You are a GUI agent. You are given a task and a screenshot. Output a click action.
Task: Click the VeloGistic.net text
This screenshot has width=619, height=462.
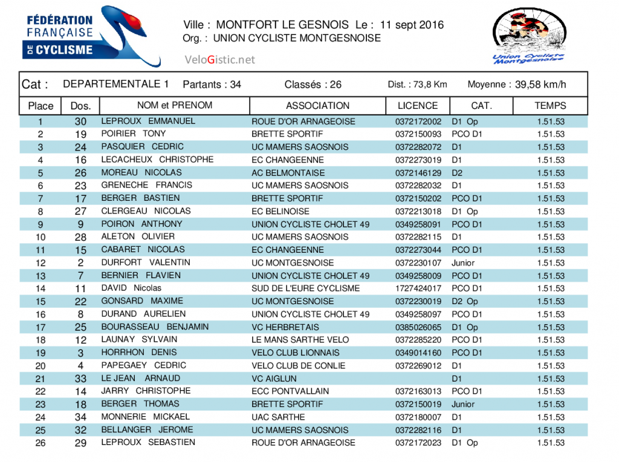[220, 59]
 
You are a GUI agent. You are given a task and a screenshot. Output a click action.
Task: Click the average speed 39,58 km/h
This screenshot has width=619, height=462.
[540, 85]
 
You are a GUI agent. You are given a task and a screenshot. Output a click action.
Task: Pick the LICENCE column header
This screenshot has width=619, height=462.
[418, 106]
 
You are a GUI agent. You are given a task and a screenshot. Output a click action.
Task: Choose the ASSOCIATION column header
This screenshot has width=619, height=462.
[317, 106]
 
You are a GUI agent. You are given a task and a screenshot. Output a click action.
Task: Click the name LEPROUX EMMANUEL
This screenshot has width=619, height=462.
[148, 121]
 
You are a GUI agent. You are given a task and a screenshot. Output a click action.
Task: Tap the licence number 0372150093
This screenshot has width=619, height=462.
[418, 134]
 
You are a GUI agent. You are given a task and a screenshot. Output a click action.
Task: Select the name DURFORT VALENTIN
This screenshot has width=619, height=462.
[146, 262]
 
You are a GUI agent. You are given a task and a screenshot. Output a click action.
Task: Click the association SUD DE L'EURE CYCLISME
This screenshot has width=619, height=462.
[305, 288]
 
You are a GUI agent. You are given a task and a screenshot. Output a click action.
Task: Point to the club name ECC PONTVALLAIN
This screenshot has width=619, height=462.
[290, 391]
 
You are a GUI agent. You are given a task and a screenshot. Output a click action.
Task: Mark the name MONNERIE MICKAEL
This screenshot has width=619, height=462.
[145, 417]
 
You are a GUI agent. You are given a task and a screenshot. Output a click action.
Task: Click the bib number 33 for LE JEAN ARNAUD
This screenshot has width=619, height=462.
[80, 379]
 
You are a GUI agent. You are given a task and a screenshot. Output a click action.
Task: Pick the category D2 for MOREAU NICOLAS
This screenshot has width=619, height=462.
[458, 173]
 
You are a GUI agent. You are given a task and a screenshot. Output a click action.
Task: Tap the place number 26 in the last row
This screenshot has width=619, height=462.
[41, 443]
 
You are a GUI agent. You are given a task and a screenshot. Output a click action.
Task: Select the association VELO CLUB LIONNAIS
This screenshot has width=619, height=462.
[296, 353]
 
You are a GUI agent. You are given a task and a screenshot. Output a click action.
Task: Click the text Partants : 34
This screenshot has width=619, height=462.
[212, 85]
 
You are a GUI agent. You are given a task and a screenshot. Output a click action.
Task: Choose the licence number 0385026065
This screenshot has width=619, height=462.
[418, 327]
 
